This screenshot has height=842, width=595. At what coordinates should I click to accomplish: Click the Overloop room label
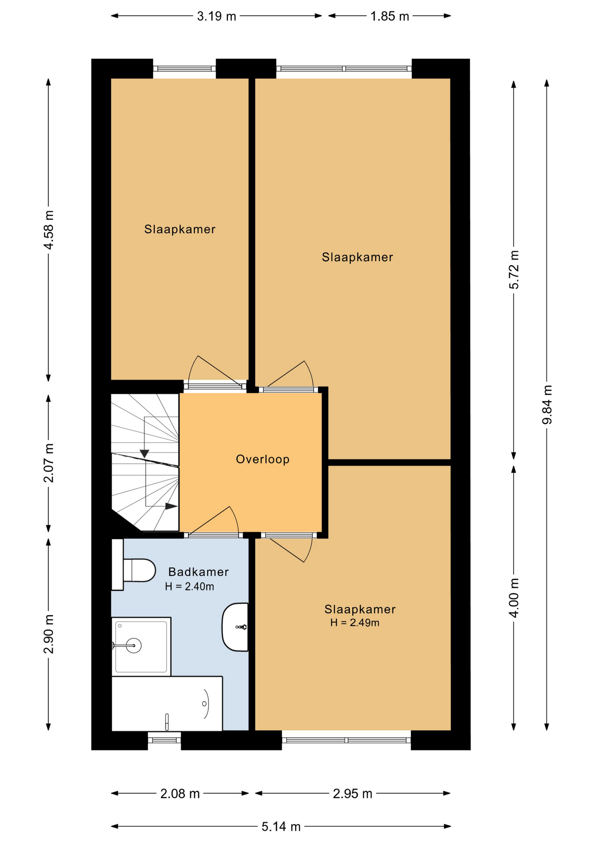262,459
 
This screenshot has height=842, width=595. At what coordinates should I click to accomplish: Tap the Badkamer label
198,572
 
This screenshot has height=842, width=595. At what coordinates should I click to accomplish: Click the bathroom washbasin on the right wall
235,627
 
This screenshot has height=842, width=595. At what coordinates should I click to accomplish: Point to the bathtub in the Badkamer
167,703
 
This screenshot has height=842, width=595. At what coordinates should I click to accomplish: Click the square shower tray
141,646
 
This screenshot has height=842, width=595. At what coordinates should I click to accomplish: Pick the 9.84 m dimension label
547,405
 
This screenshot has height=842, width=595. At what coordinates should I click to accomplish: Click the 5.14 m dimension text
281,827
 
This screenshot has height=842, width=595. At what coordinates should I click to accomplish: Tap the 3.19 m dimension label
216,16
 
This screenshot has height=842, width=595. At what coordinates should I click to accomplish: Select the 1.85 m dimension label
390,16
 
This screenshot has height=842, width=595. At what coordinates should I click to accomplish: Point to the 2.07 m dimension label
49,463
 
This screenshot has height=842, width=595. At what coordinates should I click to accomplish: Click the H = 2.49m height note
355,623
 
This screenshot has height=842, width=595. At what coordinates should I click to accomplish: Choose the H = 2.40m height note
190,587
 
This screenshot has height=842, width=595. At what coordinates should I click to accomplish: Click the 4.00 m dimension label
514,598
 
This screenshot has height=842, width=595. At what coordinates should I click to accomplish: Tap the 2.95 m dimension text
353,794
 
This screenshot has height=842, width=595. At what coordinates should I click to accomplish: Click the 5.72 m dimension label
514,270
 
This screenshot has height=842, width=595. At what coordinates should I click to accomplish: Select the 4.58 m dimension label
49,230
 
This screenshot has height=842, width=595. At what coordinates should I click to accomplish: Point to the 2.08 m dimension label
180,794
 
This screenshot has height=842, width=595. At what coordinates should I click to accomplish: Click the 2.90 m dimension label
49,634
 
